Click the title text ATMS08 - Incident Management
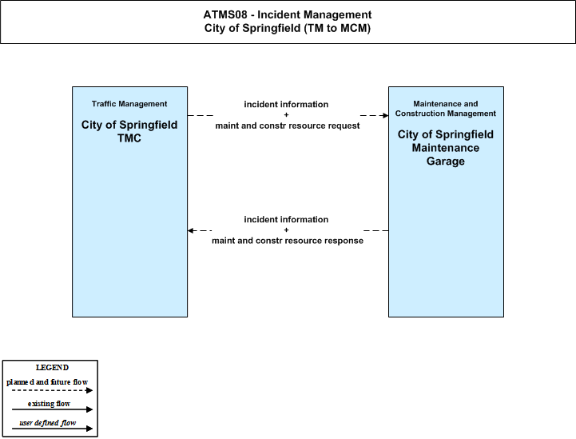pyautogui.click(x=288, y=14)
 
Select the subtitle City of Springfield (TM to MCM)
pyautogui.click(x=288, y=28)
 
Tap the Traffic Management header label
pyautogui.click(x=129, y=104)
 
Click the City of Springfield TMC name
pyautogui.click(x=129, y=131)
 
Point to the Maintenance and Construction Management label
pyautogui.click(x=446, y=109)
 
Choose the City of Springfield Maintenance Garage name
pyautogui.click(x=446, y=147)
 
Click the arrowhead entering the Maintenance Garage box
pyautogui.click(x=385, y=115)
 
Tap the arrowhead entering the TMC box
pyautogui.click(x=191, y=230)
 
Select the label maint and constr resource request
pyautogui.click(x=288, y=126)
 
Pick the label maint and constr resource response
pyautogui.click(x=288, y=241)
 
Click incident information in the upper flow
pyautogui.click(x=286, y=105)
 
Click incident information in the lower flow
pyautogui.click(x=286, y=219)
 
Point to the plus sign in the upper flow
pyautogui.click(x=286, y=114)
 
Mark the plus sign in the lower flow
pyautogui.click(x=286, y=229)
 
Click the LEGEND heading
pyautogui.click(x=52, y=368)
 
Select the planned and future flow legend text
pyautogui.click(x=47, y=382)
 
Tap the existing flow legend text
pyautogui.click(x=49, y=404)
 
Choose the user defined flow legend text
pyautogui.click(x=48, y=423)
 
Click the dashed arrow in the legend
pyautogui.click(x=52, y=390)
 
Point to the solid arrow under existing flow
pyautogui.click(x=52, y=409)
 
